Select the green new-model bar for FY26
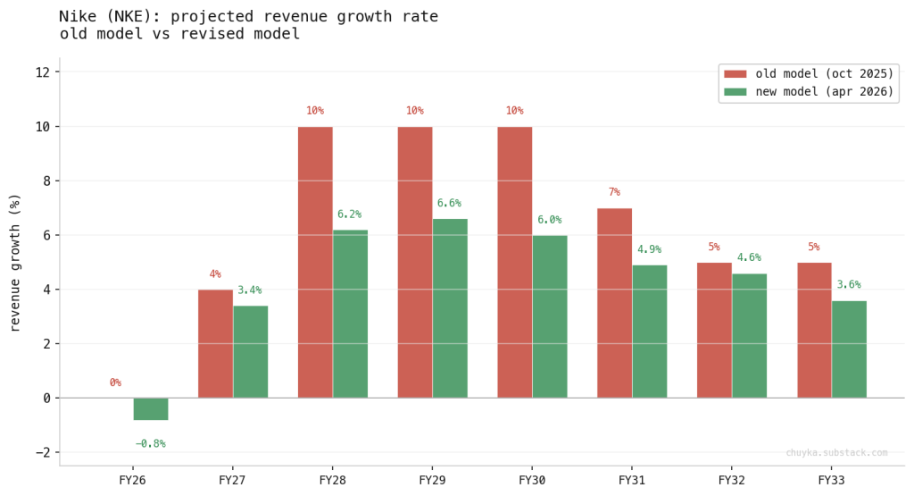[x=151, y=408]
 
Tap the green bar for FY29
[x=450, y=308]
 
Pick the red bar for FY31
[x=614, y=303]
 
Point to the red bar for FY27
[x=215, y=343]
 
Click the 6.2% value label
[x=349, y=214]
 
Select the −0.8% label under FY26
[x=150, y=444]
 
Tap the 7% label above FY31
[x=614, y=192]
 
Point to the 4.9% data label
[x=649, y=249]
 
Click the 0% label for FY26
[x=115, y=383]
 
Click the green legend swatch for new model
[x=735, y=92]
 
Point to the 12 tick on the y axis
[x=42, y=72]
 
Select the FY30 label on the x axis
[x=532, y=480]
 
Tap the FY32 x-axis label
[x=732, y=480]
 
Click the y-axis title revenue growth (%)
[x=15, y=261]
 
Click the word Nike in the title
[x=77, y=17]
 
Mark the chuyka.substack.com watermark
[x=836, y=453]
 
